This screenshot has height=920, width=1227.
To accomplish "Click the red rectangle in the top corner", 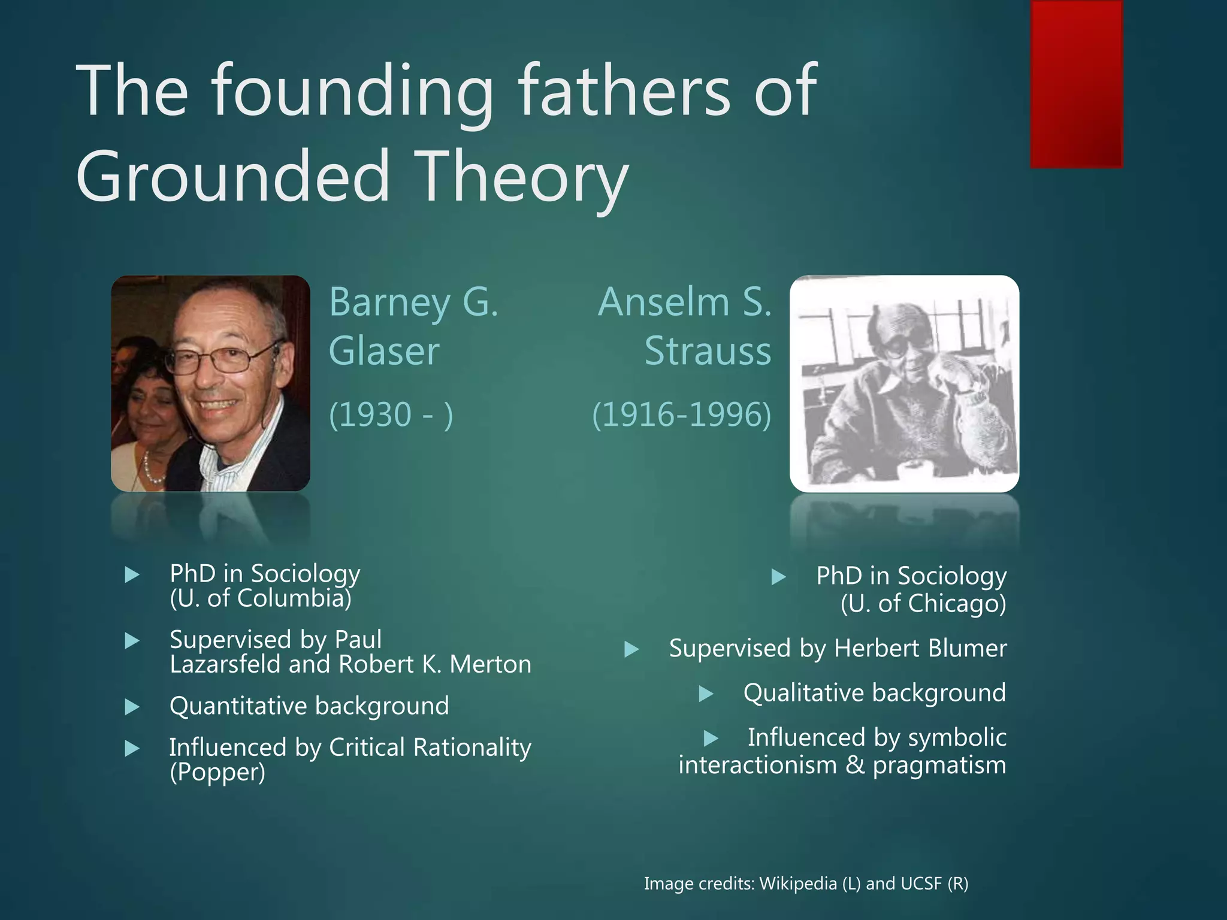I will [1076, 84].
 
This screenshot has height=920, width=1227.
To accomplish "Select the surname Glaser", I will [384, 351].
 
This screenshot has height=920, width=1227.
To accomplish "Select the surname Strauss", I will [708, 351].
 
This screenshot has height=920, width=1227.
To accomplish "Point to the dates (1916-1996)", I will [681, 414].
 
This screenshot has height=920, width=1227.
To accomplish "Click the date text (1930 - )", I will [391, 414].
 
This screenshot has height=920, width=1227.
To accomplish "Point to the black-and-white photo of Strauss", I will [904, 383].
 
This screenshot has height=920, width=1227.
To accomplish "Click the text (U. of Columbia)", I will [261, 598].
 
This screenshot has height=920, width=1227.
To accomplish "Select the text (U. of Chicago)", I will [923, 603].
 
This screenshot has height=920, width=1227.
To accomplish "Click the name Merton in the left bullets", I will [490, 664].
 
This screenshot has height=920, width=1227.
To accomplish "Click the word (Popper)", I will [217, 772].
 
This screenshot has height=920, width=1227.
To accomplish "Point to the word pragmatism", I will [939, 765].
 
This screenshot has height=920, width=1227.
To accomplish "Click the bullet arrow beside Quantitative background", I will [132, 707].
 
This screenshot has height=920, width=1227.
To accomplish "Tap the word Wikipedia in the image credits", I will [798, 883].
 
